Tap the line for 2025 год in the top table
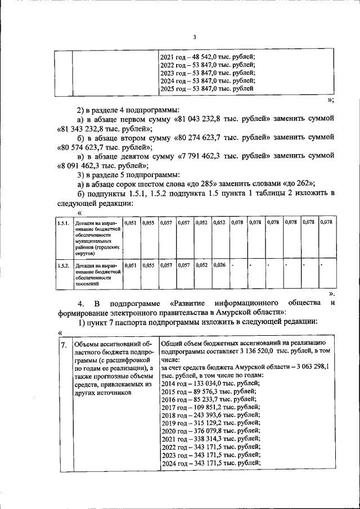(206, 89)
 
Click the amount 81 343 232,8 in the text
(89, 129)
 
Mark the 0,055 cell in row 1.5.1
(148, 223)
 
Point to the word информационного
(246, 303)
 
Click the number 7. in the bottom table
(65, 344)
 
